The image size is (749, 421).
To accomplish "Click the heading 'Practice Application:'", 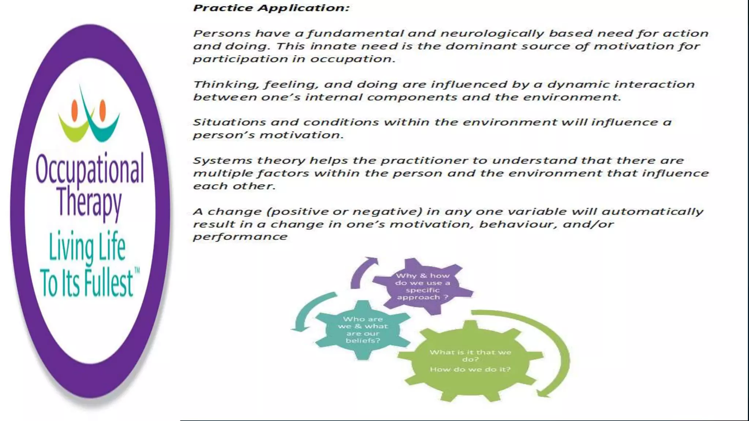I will [x=271, y=8].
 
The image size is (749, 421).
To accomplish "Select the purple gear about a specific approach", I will [x=423, y=286].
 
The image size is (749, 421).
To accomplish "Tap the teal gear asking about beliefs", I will [x=363, y=330].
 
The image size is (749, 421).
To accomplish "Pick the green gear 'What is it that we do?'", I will [x=470, y=361].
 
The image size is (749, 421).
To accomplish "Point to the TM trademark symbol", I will [x=137, y=270].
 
